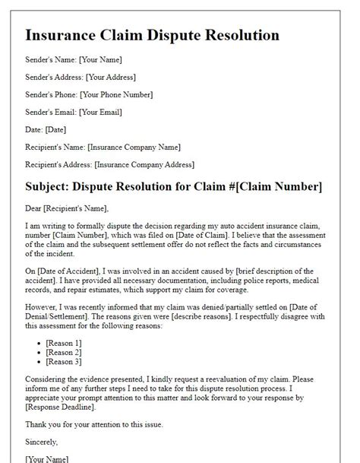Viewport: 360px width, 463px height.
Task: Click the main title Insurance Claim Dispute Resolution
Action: [152, 35]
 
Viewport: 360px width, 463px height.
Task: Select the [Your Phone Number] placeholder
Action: [118, 95]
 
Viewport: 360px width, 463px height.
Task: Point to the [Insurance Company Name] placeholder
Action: [134, 147]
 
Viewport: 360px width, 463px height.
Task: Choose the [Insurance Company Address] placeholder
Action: [143, 164]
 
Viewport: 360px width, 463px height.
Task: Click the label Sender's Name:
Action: [49, 60]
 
